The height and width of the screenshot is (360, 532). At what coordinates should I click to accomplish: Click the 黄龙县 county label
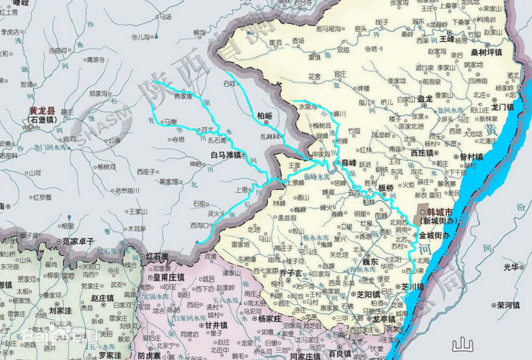42,111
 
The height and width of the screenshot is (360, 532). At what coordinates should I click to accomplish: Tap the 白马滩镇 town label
226,155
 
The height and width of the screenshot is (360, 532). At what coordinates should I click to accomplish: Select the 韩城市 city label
438,212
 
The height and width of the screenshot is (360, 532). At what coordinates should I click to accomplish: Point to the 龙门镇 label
503,107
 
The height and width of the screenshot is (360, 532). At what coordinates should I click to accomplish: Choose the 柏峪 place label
264,114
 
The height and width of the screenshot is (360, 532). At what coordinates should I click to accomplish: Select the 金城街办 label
434,235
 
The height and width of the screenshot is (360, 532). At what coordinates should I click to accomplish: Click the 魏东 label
370,262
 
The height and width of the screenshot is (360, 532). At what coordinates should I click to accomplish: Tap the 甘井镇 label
217,325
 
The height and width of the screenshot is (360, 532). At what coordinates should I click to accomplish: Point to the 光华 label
511,266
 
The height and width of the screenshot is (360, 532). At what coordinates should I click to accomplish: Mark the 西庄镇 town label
423,152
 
